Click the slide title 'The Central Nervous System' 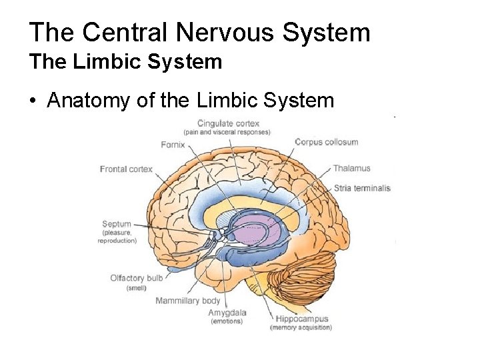[x=199, y=32]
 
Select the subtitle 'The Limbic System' [x=125, y=62]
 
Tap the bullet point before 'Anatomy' [x=33, y=101]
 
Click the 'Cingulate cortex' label [x=228, y=123]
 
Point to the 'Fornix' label [x=173, y=145]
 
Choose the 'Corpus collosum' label [x=326, y=141]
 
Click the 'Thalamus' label [x=351, y=168]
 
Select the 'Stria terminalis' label [x=361, y=188]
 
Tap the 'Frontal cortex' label [x=126, y=169]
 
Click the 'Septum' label [x=117, y=224]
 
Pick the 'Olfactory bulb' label [x=137, y=278]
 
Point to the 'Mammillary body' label [x=187, y=301]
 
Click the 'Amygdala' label [x=227, y=313]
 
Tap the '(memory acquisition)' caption [x=300, y=327]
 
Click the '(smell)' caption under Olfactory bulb [x=137, y=287]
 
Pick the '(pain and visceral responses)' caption [x=227, y=132]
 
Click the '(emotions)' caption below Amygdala [x=227, y=321]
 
